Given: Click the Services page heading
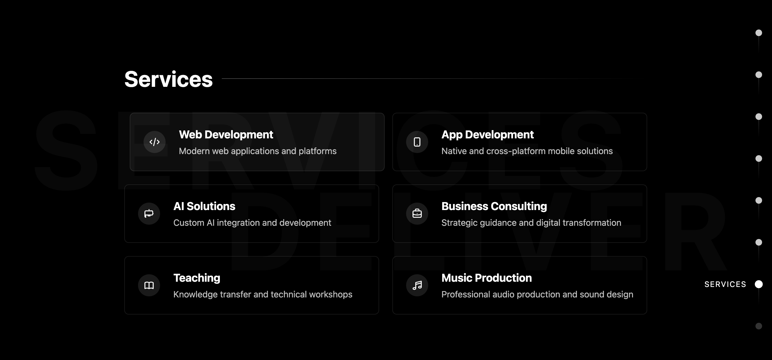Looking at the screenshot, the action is coord(168,79).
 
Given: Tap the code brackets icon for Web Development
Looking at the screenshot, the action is coord(154,142).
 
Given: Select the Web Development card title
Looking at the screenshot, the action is coord(226,135).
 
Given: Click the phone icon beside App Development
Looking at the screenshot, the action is coord(417,142).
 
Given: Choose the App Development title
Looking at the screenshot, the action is coord(488,135).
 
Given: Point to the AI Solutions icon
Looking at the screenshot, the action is coord(149,213).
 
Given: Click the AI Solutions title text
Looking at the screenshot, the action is coord(204,206).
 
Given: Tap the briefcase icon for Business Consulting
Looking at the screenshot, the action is coord(417,213).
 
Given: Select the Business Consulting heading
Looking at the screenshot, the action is coord(494,206).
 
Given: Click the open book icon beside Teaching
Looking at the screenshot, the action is coord(149,285).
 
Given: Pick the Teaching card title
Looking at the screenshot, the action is coord(197,278).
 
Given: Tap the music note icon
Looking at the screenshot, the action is coord(417,285).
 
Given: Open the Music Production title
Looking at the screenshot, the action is coord(487,278).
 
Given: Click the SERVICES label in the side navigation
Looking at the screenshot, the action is coord(725,284).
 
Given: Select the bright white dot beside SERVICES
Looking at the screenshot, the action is coord(758,284).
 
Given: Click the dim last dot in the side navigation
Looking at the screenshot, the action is coord(758,326).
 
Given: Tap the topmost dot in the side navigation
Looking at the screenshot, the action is coord(758,33).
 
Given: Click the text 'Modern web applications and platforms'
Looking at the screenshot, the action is coord(258,151).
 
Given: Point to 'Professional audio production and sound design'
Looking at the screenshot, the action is coord(537,294).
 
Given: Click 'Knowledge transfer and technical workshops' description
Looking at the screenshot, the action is coord(263,294).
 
